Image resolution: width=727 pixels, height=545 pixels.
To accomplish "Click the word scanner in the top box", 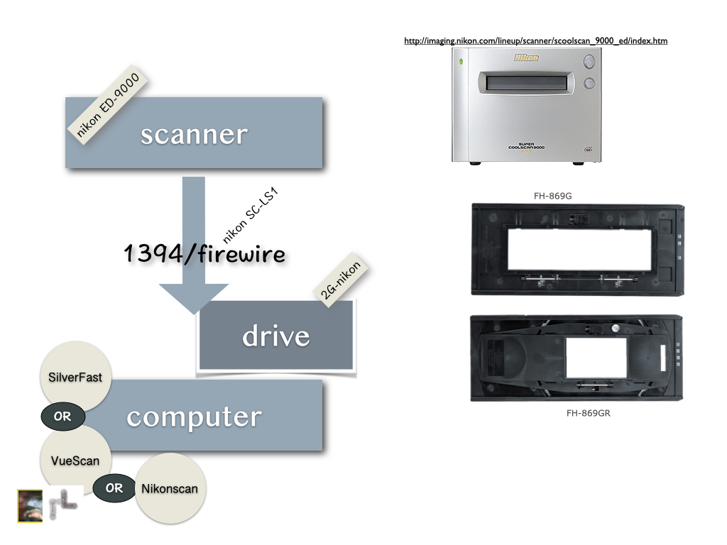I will click(x=194, y=135).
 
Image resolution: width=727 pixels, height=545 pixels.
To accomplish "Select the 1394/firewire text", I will click(x=205, y=253).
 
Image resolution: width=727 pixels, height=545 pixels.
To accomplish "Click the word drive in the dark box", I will click(x=275, y=336).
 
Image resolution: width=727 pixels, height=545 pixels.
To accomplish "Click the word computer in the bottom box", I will click(x=194, y=417).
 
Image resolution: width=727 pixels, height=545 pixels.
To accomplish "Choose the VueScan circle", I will click(x=75, y=460).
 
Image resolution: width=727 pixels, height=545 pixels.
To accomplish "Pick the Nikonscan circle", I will click(x=170, y=488).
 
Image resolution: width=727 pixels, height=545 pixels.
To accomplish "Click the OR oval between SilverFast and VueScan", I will click(x=62, y=417).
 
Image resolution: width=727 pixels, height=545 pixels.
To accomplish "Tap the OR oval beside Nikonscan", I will click(x=114, y=488).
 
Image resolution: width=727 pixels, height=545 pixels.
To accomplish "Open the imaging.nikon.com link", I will click(x=535, y=40).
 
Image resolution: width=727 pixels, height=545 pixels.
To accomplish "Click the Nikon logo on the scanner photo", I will click(x=527, y=58).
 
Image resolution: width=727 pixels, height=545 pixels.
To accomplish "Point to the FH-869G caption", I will click(x=554, y=193).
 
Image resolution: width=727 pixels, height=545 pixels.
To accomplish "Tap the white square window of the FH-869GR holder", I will click(x=596, y=357).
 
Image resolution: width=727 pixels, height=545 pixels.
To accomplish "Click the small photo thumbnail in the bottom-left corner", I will click(x=30, y=505).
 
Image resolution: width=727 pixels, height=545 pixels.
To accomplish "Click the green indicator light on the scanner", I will click(x=461, y=62).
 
